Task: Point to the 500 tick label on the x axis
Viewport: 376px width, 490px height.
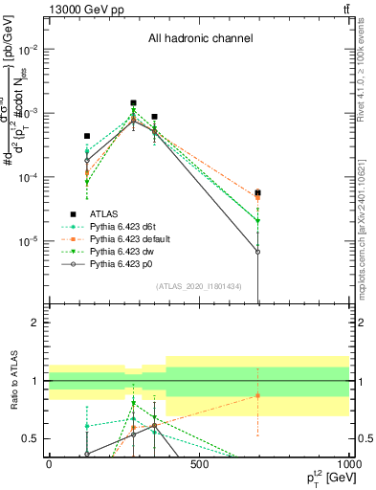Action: (199, 464)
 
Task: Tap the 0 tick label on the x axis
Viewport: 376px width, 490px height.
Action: (49, 464)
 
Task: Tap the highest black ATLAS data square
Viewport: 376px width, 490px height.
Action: (133, 102)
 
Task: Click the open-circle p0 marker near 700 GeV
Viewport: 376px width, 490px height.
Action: (257, 252)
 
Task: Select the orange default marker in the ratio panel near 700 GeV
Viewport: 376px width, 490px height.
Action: (257, 395)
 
